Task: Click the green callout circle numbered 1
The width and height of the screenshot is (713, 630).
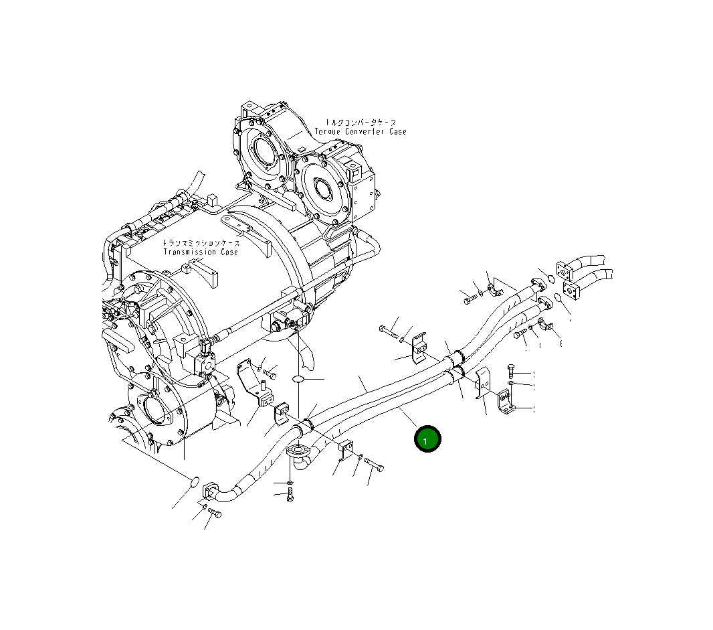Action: (427, 439)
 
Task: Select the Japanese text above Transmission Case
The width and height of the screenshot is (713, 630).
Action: (201, 244)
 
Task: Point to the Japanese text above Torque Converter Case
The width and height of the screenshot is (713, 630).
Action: (361, 123)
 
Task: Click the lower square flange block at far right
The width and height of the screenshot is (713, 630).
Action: (573, 291)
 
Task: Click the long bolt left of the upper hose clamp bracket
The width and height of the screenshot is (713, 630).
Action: (390, 331)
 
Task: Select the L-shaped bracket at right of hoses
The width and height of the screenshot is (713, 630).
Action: (506, 400)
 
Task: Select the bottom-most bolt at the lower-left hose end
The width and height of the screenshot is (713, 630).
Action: (214, 513)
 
